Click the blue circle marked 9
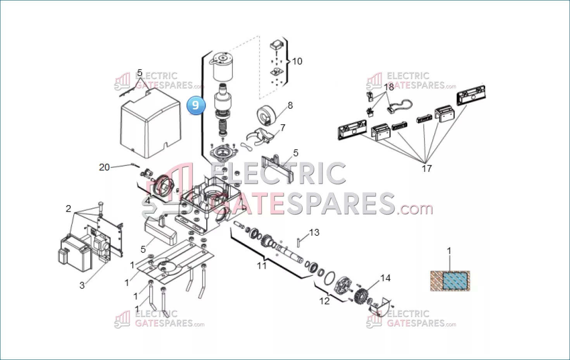pyautogui.click(x=196, y=105)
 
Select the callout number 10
pyautogui.click(x=297, y=61)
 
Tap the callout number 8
pyautogui.click(x=290, y=106)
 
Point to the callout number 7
pyautogui.click(x=283, y=128)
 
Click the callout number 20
pyautogui.click(x=104, y=167)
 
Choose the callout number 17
pyautogui.click(x=427, y=168)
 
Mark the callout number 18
pyautogui.click(x=389, y=87)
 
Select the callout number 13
pyautogui.click(x=314, y=232)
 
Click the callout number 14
pyautogui.click(x=385, y=278)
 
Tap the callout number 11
pyautogui.click(x=262, y=266)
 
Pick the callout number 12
pyautogui.click(x=325, y=301)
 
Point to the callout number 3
pyautogui.click(x=82, y=286)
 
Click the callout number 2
pyautogui.click(x=68, y=209)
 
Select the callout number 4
pyautogui.click(x=148, y=201)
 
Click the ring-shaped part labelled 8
pyautogui.click(x=266, y=116)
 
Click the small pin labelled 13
pyautogui.click(x=298, y=242)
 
